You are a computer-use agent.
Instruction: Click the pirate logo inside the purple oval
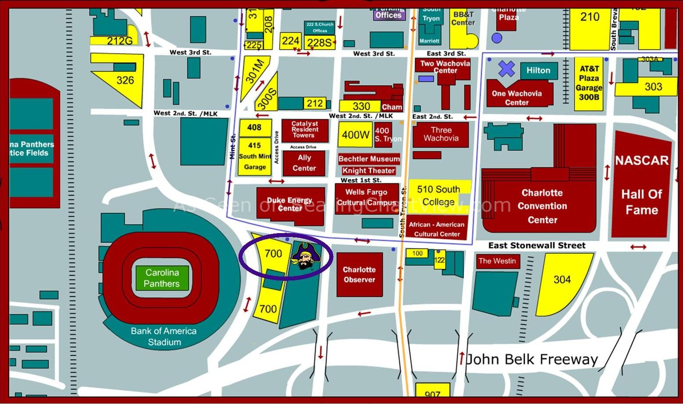[x=306, y=257]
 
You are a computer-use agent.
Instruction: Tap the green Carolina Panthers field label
[x=162, y=278]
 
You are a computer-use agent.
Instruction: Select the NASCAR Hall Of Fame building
[x=641, y=185]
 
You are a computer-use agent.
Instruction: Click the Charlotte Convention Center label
[x=542, y=206]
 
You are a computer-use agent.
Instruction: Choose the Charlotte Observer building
[x=359, y=275]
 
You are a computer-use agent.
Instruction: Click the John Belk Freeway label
[x=531, y=359]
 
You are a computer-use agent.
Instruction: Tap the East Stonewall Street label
[x=537, y=245]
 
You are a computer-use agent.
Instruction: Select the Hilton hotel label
[x=538, y=71]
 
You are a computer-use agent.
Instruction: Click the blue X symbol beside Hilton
[x=506, y=69]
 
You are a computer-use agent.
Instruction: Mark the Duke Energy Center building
[x=290, y=205]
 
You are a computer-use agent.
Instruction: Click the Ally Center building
[x=304, y=163]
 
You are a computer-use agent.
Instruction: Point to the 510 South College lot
[x=438, y=195]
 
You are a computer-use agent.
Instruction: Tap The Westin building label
[x=497, y=261]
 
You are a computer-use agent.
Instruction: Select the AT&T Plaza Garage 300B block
[x=588, y=83]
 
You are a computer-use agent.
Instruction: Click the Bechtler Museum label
[x=369, y=159]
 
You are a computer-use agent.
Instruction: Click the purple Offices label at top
[x=388, y=15]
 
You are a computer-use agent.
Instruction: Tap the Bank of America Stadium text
[x=164, y=337]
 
